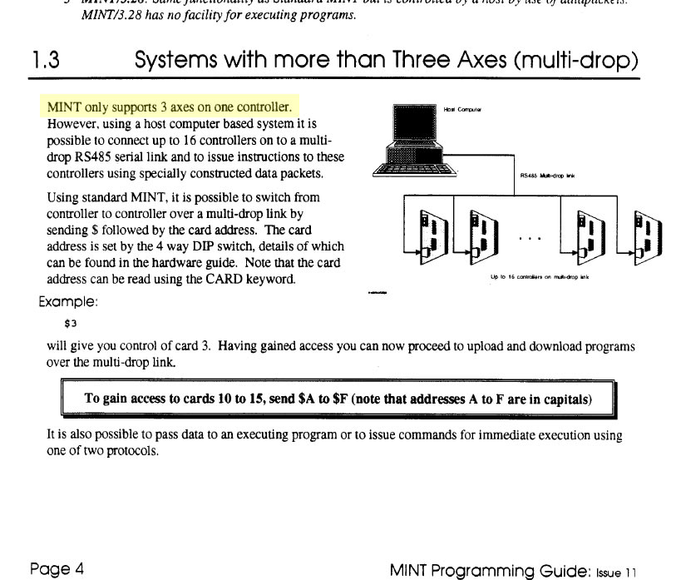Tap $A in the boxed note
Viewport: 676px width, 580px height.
pyautogui.click(x=307, y=399)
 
